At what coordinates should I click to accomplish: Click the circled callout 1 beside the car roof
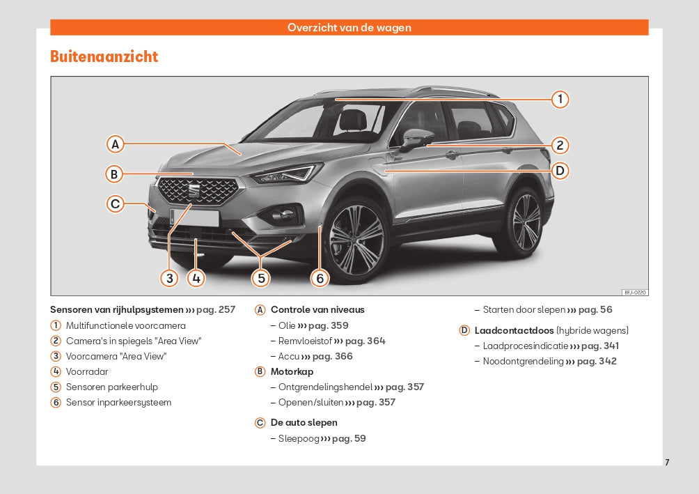[x=560, y=99]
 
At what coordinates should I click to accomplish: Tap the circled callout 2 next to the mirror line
[x=560, y=145]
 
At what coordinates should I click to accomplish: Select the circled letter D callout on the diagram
[x=560, y=171]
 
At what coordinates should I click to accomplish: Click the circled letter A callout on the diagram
[x=115, y=144]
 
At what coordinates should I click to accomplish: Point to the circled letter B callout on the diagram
[x=114, y=174]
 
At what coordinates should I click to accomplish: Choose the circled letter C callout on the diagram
[x=115, y=204]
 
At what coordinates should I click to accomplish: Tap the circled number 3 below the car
[x=169, y=278]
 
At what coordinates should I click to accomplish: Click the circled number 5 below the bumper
[x=261, y=278]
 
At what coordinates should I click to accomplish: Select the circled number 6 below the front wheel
[x=320, y=278]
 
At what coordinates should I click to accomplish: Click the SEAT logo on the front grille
[x=194, y=190]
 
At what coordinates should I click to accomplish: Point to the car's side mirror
[x=416, y=139]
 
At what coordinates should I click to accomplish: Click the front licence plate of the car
[x=194, y=217]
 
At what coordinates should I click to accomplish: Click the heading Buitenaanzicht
[x=104, y=56]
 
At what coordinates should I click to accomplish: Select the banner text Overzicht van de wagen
[x=349, y=27]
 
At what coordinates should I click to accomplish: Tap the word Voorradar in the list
[x=87, y=372]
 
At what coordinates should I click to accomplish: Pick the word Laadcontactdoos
[x=514, y=331]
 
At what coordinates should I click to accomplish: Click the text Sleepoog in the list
[x=299, y=439]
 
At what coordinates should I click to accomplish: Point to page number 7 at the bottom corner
[x=667, y=463]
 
